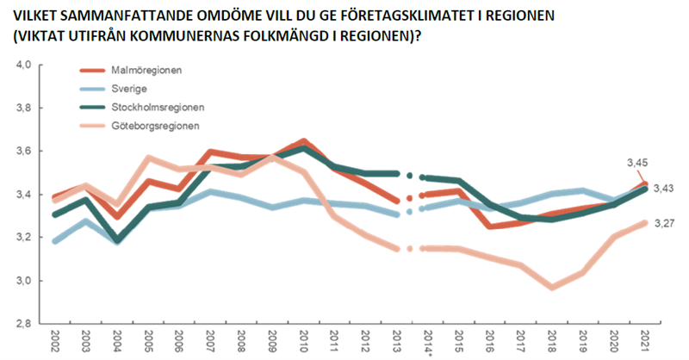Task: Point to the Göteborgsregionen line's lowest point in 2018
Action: (x=551, y=287)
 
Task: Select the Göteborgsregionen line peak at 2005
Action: (x=148, y=158)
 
